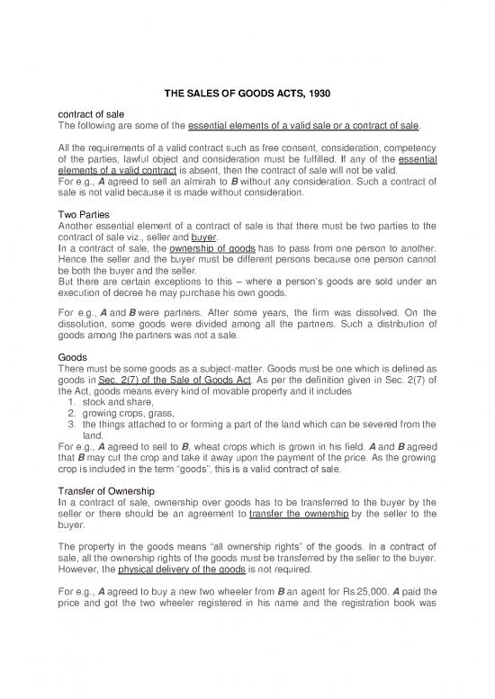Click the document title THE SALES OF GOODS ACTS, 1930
coord(247,93)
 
